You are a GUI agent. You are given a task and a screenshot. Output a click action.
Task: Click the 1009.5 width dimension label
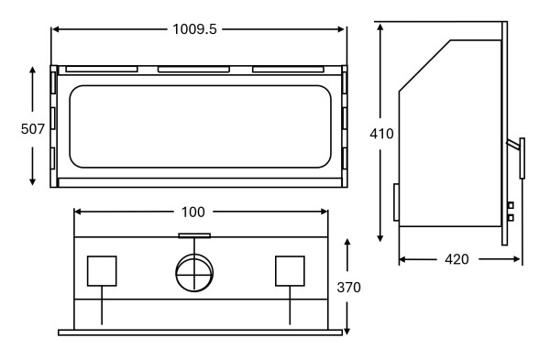(x=194, y=29)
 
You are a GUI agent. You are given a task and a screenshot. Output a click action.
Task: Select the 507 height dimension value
(x=33, y=129)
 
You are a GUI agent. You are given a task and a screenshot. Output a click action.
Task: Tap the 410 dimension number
(x=381, y=134)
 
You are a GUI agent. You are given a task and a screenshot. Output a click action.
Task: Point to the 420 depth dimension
(x=456, y=259)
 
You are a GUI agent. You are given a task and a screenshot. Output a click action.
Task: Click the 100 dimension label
(x=192, y=212)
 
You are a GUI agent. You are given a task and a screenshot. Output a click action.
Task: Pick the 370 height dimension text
(x=348, y=287)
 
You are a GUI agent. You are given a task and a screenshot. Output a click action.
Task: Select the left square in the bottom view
(x=102, y=271)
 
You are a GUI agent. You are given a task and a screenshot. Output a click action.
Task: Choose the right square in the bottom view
(x=290, y=271)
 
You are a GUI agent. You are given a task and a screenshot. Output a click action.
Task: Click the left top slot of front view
(x=102, y=69)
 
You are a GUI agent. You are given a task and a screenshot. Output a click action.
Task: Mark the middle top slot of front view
(x=193, y=69)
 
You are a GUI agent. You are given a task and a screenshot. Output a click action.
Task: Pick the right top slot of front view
(x=288, y=69)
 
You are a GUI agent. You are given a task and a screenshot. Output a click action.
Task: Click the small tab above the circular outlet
(x=194, y=235)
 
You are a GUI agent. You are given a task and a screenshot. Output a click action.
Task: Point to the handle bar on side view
(x=522, y=158)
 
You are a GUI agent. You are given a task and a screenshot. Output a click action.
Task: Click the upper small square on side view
(x=511, y=205)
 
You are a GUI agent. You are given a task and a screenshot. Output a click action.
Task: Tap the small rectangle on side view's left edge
(x=396, y=202)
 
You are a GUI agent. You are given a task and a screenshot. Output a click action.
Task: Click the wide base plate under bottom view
(x=200, y=332)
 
